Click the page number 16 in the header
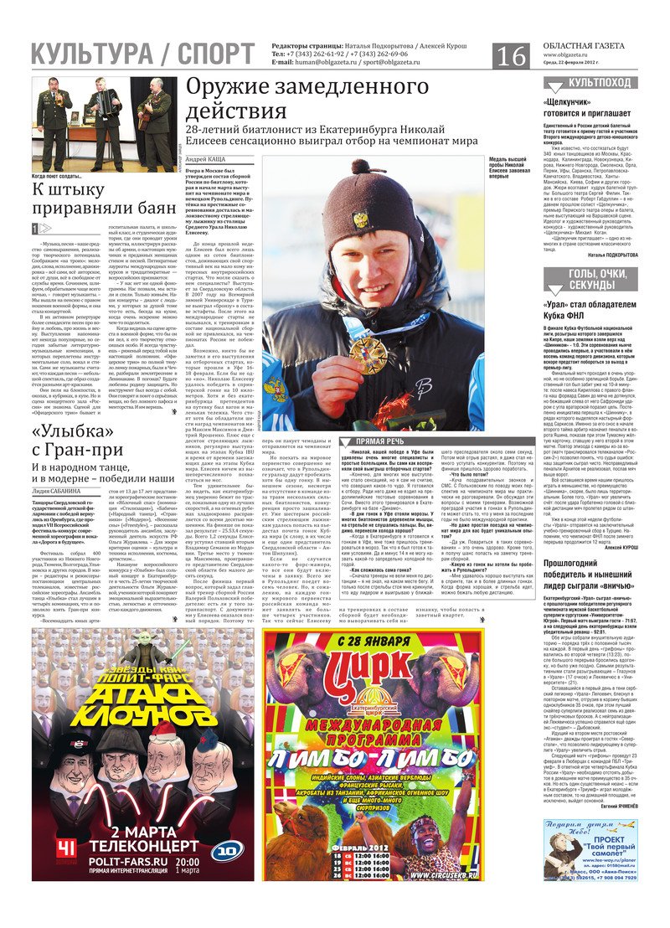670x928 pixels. pyautogui.click(x=511, y=55)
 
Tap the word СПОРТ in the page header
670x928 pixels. pyautogui.click(x=215, y=54)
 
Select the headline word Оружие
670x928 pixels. pyautogui.click(x=227, y=88)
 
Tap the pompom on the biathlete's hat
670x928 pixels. pyautogui.click(x=361, y=167)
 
